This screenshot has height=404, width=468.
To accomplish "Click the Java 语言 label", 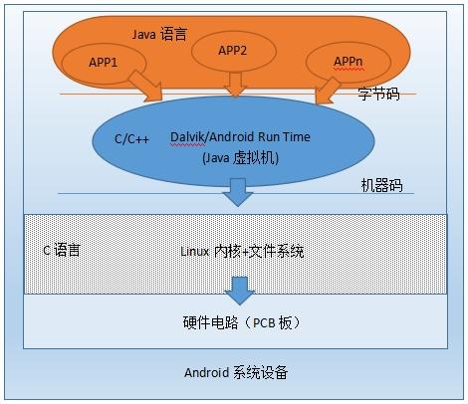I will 160,34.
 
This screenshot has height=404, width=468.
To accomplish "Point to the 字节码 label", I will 379,94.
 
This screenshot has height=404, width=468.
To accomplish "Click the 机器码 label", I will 383,185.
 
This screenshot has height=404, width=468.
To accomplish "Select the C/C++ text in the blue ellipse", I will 132,140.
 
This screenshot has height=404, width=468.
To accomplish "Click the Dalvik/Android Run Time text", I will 238,140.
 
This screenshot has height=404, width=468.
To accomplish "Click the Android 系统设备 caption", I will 238,373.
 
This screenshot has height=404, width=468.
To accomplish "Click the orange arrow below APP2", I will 235,86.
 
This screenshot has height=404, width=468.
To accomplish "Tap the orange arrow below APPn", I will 325,89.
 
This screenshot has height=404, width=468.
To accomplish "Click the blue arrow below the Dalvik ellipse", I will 238,191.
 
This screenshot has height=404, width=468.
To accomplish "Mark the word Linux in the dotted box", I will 195,251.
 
